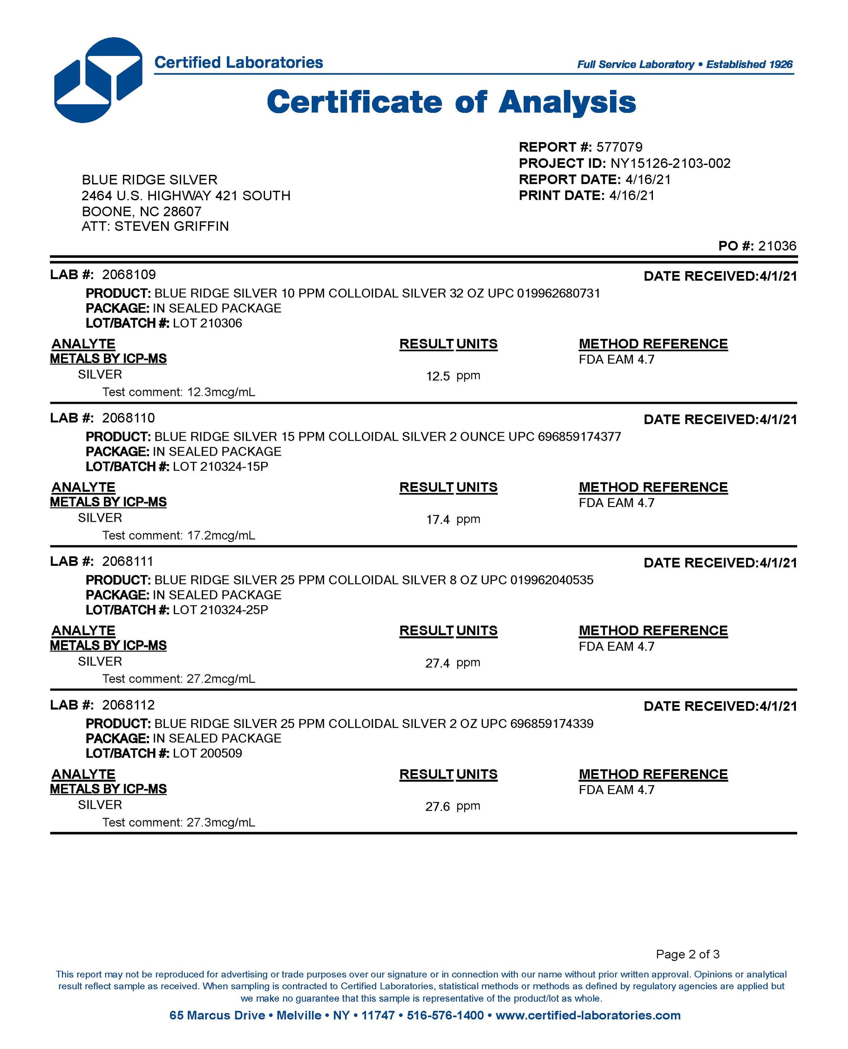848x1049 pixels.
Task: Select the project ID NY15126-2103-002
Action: [x=670, y=163]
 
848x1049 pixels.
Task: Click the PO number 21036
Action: [x=777, y=246]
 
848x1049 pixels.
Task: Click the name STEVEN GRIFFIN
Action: [x=171, y=226]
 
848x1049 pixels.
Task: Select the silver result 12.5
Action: [x=438, y=376]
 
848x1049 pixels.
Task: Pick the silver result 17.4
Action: [x=438, y=519]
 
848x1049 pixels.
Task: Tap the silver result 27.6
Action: [x=438, y=807]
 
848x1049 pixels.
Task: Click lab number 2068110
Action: [x=128, y=418]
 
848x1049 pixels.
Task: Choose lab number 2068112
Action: [x=128, y=705]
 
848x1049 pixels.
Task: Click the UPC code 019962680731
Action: [x=558, y=293]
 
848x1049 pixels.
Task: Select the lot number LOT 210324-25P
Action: [x=220, y=610]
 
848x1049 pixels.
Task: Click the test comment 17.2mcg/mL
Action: [x=221, y=535]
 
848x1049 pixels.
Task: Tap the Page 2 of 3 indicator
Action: [x=687, y=954]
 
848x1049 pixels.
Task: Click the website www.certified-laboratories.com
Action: [x=588, y=1015]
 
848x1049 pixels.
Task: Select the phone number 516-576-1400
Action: [x=445, y=1015]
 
